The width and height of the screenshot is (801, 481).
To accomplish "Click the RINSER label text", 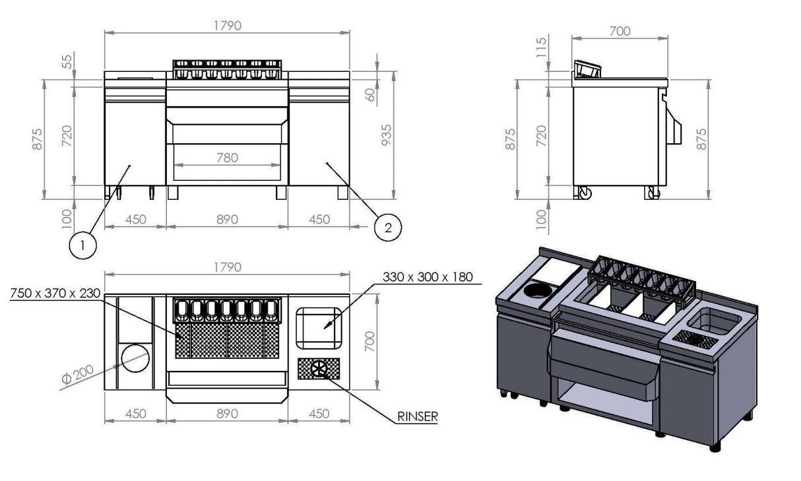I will click(x=417, y=416).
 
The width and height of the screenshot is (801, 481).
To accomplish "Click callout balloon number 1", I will click(x=82, y=246).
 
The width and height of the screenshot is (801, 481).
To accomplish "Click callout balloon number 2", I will click(x=387, y=228).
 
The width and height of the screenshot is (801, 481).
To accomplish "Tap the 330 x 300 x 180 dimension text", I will click(x=428, y=276).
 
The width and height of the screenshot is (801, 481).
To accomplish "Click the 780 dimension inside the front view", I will click(x=226, y=158).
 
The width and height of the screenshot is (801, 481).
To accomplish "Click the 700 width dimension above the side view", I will click(x=620, y=31).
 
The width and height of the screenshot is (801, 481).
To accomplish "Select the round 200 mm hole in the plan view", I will click(x=134, y=357).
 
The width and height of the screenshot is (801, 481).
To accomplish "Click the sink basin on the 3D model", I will click(x=716, y=321).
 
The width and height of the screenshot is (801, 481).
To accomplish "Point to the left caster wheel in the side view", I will click(x=584, y=193).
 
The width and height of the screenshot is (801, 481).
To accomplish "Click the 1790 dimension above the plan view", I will click(x=226, y=267).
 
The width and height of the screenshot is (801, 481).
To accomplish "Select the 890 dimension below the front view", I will click(x=226, y=220).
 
